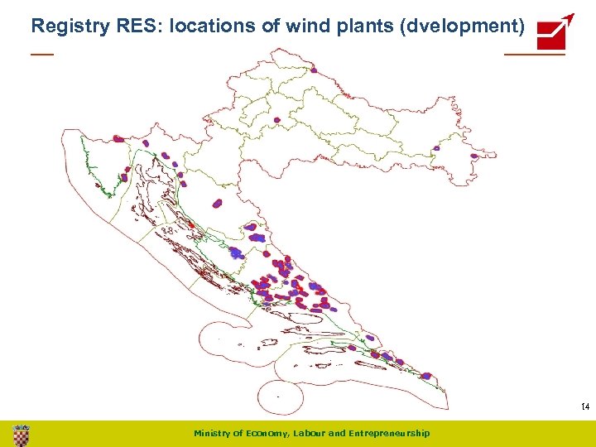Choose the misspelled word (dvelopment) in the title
462,26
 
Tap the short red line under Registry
41,55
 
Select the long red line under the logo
534,55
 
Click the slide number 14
584,406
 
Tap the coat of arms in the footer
22,434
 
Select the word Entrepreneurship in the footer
390,433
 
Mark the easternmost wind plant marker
474,156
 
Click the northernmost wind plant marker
277,119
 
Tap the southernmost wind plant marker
425,376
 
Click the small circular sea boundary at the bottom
282,397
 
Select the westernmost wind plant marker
118,139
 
